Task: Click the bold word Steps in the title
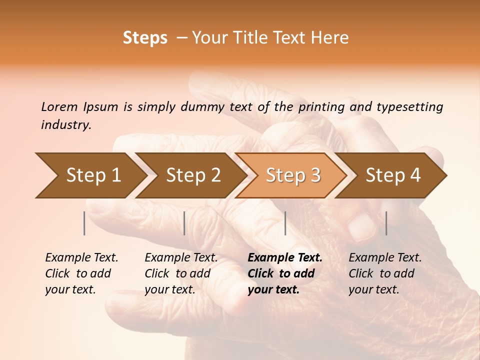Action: (x=145, y=38)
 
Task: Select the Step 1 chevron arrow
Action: (x=90, y=175)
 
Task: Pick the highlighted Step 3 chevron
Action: (x=291, y=175)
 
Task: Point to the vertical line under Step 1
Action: (x=84, y=223)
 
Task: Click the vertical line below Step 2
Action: (x=184, y=223)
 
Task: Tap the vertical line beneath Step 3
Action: (x=285, y=223)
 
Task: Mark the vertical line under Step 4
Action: (x=386, y=223)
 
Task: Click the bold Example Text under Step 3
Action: (x=285, y=258)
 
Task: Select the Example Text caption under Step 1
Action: (x=81, y=258)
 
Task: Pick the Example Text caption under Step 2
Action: (x=181, y=258)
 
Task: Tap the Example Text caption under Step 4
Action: (x=385, y=258)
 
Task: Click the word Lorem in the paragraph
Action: (x=59, y=107)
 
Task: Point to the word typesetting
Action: (x=409, y=107)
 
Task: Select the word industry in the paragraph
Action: (x=65, y=125)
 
